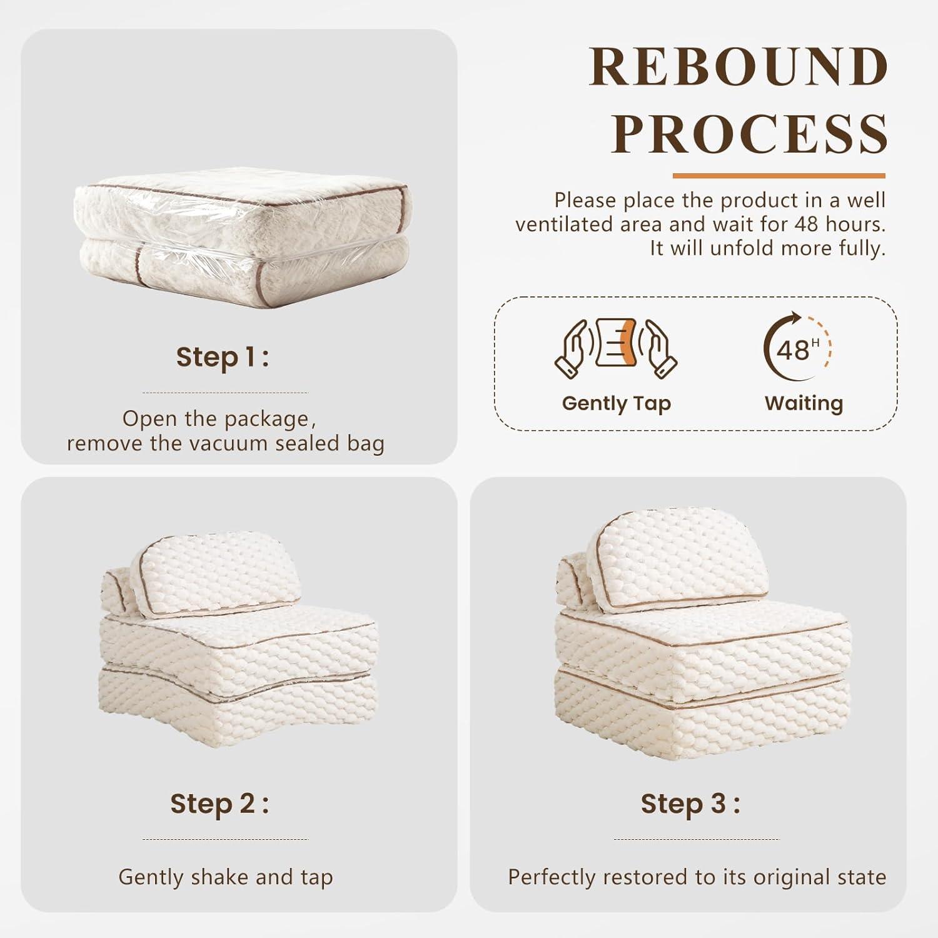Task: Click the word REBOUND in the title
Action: coord(739,67)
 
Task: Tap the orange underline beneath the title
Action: coord(779,176)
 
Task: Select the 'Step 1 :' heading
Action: coord(222,358)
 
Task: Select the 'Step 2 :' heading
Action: coord(219,804)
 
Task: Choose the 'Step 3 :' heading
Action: coord(690,804)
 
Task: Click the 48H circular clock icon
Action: coord(797,348)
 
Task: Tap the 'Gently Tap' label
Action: coord(617,404)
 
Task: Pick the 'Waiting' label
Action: coord(804,403)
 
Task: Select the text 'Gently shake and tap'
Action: coord(225,877)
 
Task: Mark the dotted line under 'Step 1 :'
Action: coord(225,393)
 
